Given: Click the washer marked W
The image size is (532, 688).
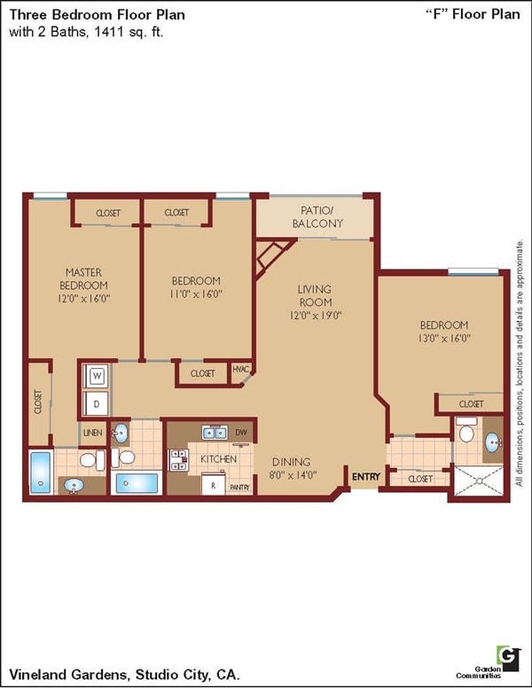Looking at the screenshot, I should (97, 376).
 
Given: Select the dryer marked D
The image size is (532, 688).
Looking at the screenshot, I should (97, 403).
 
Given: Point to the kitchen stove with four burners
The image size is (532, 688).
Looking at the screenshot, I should (179, 459).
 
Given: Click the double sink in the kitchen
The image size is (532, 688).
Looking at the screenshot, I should (214, 433).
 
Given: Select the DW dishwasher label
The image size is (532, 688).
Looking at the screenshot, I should (241, 433).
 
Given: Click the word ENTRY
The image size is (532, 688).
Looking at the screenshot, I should (365, 477).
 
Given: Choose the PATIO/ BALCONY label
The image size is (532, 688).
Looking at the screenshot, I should (317, 217).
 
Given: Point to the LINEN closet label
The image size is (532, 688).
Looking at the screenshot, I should (92, 433).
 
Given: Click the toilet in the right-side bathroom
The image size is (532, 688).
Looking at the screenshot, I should (467, 433).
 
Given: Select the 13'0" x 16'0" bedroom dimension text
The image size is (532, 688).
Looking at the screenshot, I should (444, 338).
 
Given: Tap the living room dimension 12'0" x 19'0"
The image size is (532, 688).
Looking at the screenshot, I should (315, 315).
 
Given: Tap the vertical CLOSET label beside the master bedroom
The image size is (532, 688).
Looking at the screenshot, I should (38, 404).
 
